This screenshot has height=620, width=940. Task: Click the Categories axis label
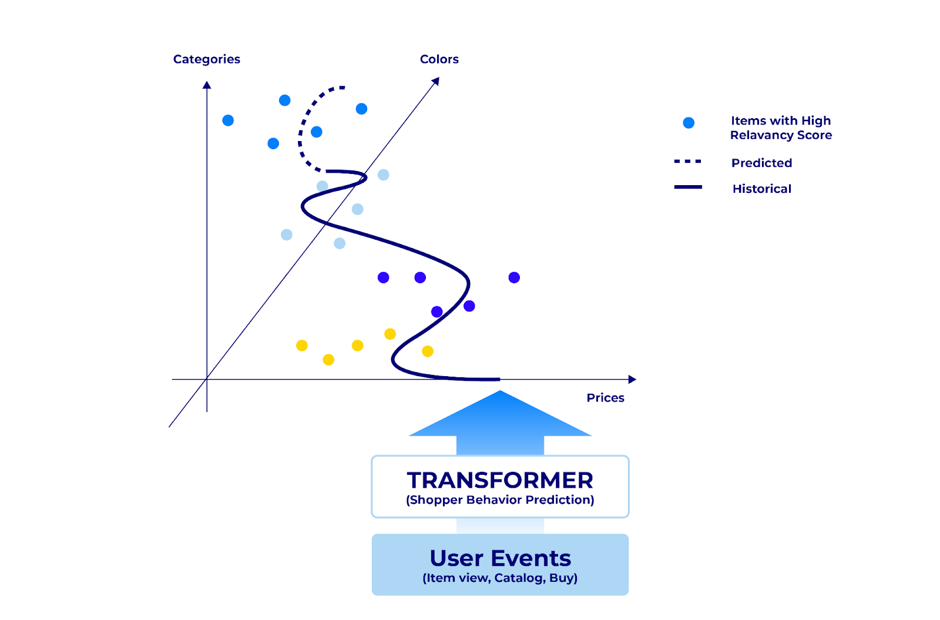pyautogui.click(x=206, y=59)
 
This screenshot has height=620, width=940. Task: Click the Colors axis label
pyautogui.click(x=439, y=59)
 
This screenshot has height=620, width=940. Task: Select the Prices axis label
pyautogui.click(x=605, y=398)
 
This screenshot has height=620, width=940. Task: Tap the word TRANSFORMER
pyautogui.click(x=500, y=480)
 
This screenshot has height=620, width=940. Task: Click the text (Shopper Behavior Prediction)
pyautogui.click(x=500, y=500)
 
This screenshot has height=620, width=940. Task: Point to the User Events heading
pyautogui.click(x=500, y=558)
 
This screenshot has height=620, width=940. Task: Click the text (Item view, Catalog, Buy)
pyautogui.click(x=500, y=578)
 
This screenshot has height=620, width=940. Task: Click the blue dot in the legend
pyautogui.click(x=689, y=123)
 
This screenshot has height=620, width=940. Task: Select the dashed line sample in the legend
pyautogui.click(x=687, y=161)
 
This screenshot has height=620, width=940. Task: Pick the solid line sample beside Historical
pyautogui.click(x=687, y=187)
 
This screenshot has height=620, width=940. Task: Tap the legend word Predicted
pyautogui.click(x=761, y=163)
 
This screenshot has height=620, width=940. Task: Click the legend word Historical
pyautogui.click(x=761, y=189)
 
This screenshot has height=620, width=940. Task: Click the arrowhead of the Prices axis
pyautogui.click(x=632, y=380)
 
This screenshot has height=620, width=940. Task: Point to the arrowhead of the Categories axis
pyautogui.click(x=207, y=85)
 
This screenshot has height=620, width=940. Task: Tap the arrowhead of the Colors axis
pyautogui.click(x=436, y=81)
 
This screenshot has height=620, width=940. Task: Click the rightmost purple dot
pyautogui.click(x=514, y=277)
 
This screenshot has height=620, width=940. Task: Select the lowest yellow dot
pyautogui.click(x=328, y=360)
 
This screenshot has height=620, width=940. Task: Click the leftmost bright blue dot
pyautogui.click(x=228, y=120)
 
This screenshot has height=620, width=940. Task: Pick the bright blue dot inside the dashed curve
pyautogui.click(x=316, y=132)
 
